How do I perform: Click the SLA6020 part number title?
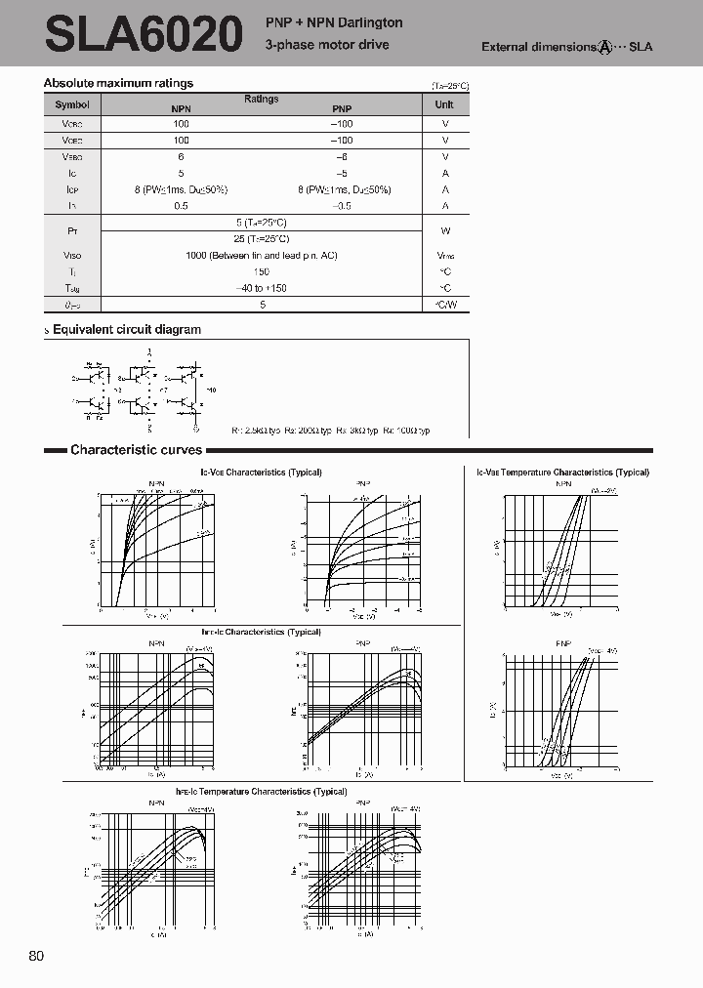[x=143, y=35]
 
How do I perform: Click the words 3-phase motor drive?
[x=327, y=45]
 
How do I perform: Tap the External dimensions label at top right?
[x=566, y=47]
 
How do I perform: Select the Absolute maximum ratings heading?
[x=118, y=84]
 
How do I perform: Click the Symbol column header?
[x=72, y=104]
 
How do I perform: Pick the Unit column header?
[x=444, y=104]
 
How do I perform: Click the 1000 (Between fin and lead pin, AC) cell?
[x=261, y=256]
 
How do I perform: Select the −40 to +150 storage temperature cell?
[x=261, y=289]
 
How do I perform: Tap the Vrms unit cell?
[x=444, y=256]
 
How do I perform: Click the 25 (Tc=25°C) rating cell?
[x=261, y=238]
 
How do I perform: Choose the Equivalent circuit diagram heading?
[x=126, y=330]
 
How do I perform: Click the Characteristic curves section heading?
[x=136, y=450]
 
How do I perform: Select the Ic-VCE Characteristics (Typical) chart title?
[x=261, y=473]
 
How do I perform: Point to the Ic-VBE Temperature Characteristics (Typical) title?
[x=563, y=473]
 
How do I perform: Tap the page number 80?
[x=37, y=956]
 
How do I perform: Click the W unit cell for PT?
[x=444, y=230]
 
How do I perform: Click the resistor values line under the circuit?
[x=330, y=431]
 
